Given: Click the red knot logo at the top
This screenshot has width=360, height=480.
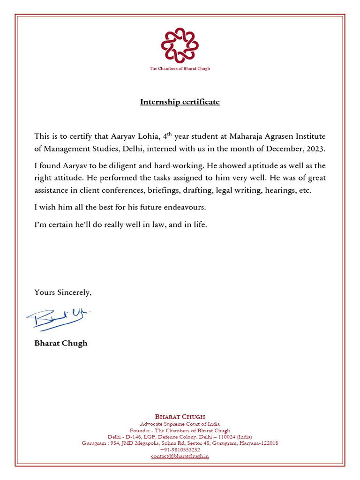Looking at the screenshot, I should coord(180,45).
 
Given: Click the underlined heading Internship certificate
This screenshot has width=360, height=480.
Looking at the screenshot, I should coord(180,102).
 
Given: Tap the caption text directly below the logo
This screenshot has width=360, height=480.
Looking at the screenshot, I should coord(180,68).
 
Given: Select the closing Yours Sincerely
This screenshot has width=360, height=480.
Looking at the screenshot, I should coord(63,292).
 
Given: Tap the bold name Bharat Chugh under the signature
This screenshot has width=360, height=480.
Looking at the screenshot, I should coord(60,343).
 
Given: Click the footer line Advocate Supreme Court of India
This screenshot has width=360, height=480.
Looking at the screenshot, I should coord(180,424).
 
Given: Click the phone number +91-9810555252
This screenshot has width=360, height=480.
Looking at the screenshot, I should coord(180,449).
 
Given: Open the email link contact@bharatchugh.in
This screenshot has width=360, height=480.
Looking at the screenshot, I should coord(180,456).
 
